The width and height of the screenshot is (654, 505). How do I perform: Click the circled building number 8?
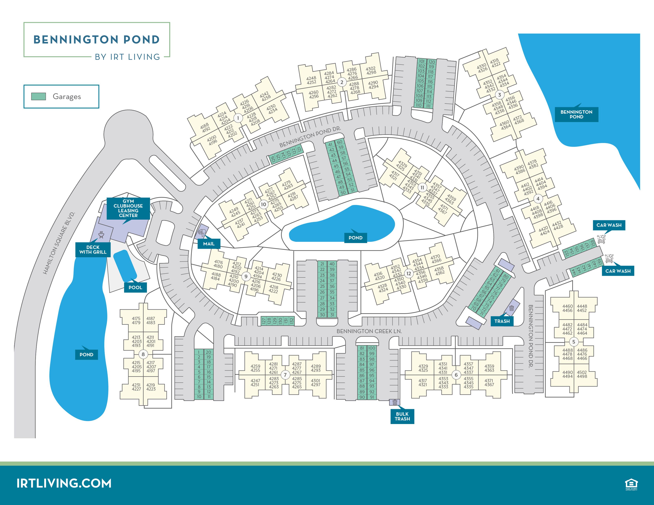point(143,354)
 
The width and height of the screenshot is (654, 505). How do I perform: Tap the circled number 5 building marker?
point(574,342)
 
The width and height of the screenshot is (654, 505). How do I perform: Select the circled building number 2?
point(342,82)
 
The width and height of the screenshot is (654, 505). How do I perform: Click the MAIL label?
point(209,244)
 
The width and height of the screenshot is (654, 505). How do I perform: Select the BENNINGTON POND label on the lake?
point(576,114)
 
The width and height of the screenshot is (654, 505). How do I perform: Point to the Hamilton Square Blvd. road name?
point(59,243)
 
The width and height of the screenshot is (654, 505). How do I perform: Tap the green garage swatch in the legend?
point(39,96)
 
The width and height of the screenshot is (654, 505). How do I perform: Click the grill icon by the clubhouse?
point(101,235)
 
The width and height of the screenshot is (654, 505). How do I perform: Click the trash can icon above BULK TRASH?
point(395,402)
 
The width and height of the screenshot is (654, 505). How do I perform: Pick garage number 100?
point(372,348)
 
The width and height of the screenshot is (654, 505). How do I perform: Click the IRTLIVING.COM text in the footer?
point(64,483)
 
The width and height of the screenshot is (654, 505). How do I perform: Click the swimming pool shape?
point(125,266)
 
